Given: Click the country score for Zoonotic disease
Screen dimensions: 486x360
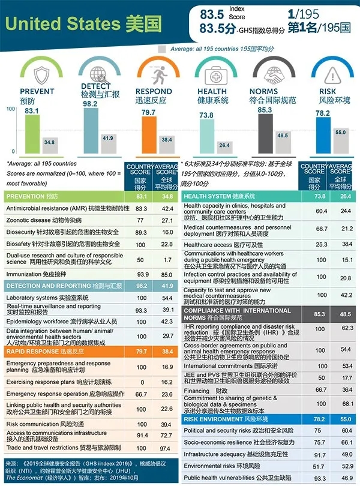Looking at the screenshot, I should (142, 220).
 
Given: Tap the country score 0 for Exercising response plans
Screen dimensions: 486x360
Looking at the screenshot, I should (142, 382).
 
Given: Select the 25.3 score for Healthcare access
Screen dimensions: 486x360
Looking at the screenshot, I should (321, 244).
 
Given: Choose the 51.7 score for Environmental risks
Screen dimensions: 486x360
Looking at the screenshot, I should (321, 466).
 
